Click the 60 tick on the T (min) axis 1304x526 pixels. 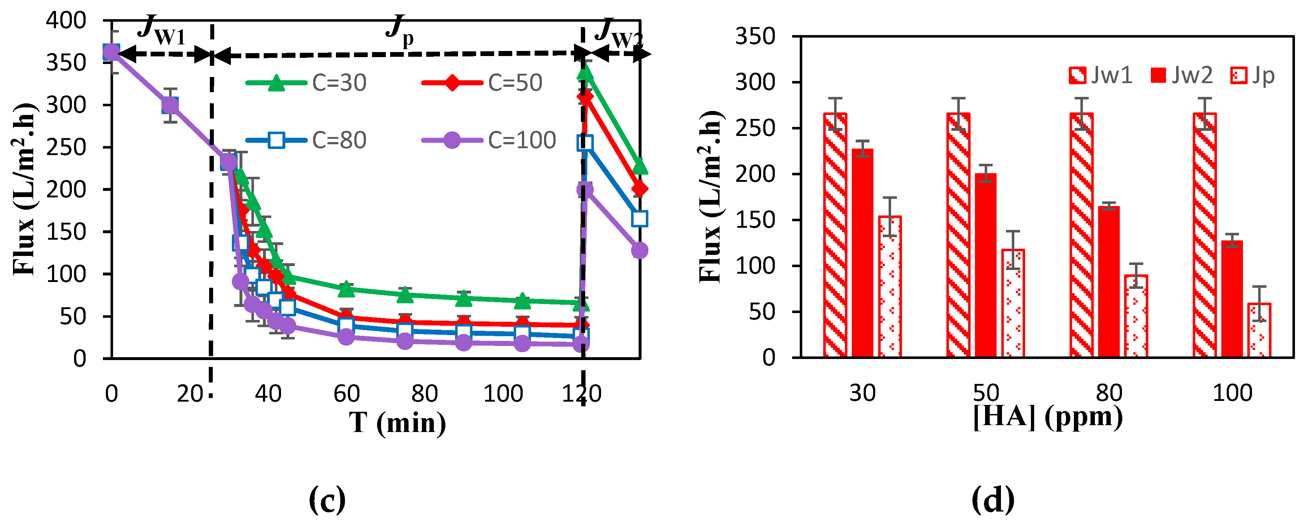pyautogui.click(x=346, y=394)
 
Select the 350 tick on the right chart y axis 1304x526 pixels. pyautogui.click(x=755, y=37)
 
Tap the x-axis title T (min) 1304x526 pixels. pyautogui.click(x=397, y=423)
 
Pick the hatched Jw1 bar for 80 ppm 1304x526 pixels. pyautogui.click(x=1081, y=236)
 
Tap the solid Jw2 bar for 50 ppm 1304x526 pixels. pyautogui.click(x=986, y=265)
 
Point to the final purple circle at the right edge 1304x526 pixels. pyautogui.click(x=639, y=250)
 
